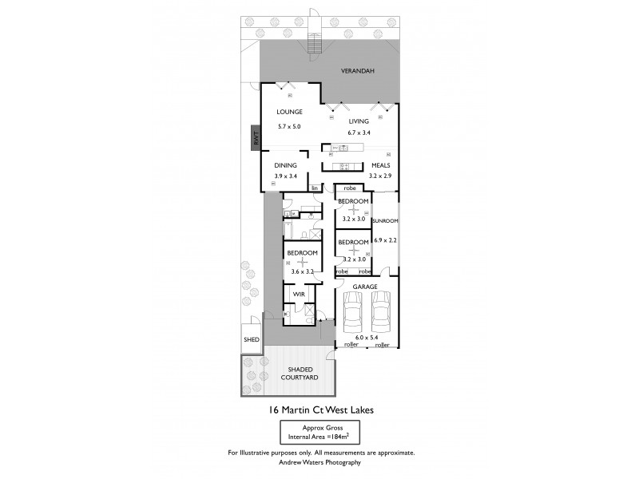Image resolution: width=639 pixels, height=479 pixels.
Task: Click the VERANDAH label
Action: tap(357, 71)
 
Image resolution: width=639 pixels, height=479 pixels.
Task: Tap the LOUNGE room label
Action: tap(289, 113)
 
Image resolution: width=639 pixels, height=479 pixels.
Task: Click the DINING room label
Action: tap(286, 165)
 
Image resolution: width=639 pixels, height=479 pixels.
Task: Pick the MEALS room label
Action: tap(380, 165)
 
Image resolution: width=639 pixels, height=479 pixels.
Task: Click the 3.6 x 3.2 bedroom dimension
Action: tap(302, 271)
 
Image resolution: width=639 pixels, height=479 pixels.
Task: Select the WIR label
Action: tap(300, 294)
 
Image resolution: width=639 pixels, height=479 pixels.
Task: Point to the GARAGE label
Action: tap(367, 286)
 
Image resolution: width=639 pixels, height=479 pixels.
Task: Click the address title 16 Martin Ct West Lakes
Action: tap(319, 410)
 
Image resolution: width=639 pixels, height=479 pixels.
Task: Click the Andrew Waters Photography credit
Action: tap(319, 461)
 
